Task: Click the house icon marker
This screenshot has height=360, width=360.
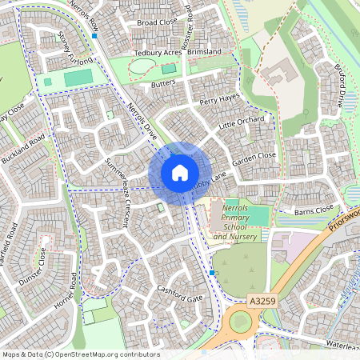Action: point(180,173)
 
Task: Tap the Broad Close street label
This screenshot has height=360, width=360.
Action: point(156,23)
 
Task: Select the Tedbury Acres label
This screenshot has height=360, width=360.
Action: point(156,54)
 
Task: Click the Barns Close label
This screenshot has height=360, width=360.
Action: point(313,210)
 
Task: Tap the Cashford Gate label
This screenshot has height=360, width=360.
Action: point(180,294)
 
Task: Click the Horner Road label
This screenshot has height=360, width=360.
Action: point(64,292)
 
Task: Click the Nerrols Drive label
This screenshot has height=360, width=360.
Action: point(141,121)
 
